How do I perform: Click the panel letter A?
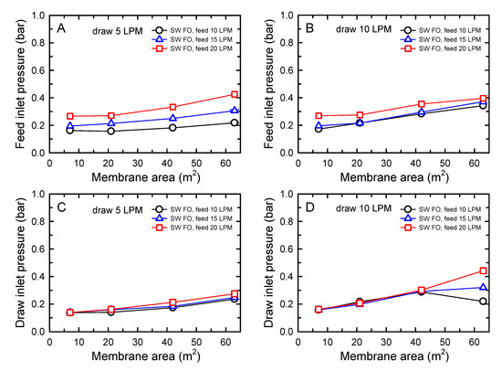pyautogui.click(x=61, y=27)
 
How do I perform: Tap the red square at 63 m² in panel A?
pyautogui.click(x=235, y=94)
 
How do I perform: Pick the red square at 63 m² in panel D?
pyautogui.click(x=482, y=270)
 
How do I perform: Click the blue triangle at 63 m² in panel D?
pyautogui.click(x=482, y=287)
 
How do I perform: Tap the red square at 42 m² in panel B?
pyautogui.click(x=421, y=104)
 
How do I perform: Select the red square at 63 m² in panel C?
pyautogui.click(x=235, y=294)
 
